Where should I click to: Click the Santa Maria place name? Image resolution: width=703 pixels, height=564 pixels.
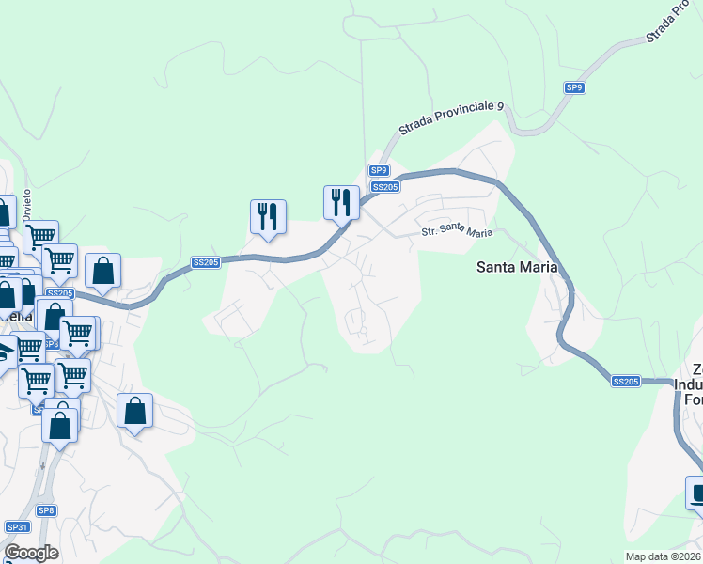pyautogui.click(x=523, y=266)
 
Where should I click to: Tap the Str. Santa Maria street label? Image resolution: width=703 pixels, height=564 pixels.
pyautogui.click(x=457, y=231)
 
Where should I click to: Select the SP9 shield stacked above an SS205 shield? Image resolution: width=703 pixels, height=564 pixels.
pyautogui.click(x=378, y=170)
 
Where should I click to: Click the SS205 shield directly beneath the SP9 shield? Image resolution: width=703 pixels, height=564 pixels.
pyautogui.click(x=385, y=187)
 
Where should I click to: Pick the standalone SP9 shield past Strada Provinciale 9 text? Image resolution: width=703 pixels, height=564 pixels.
pyautogui.click(x=575, y=87)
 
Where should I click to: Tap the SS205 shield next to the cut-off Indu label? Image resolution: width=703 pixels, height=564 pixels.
pyautogui.click(x=625, y=381)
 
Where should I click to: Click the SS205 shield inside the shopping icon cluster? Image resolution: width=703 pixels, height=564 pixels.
pyautogui.click(x=58, y=293)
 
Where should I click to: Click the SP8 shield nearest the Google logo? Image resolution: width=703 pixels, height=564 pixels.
pyautogui.click(x=47, y=510)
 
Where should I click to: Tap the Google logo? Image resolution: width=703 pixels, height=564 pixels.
pyautogui.click(x=30, y=552)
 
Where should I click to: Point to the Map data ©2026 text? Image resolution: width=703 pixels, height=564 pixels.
pyautogui.click(x=663, y=556)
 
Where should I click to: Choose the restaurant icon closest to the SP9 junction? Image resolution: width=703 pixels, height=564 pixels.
pyautogui.click(x=341, y=202)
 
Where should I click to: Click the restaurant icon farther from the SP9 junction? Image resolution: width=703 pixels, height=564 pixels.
pyautogui.click(x=268, y=217)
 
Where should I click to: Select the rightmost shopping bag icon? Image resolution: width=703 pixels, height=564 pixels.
pyautogui.click(x=135, y=411)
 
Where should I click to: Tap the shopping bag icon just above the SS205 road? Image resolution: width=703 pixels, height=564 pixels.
pyautogui.click(x=103, y=271)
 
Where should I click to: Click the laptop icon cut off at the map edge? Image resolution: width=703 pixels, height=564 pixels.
pyautogui.click(x=695, y=493)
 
